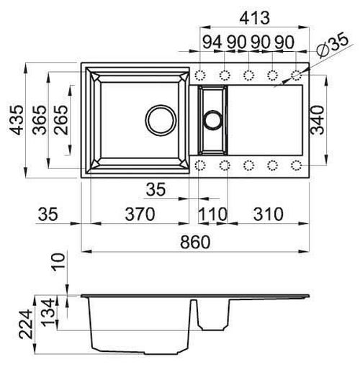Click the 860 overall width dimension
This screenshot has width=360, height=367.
(x=195, y=242)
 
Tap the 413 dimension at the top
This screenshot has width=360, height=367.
(x=255, y=18)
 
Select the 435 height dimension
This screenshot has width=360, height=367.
(x=17, y=119)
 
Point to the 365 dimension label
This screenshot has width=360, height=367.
(x=40, y=119)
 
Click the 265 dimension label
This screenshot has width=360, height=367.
(x=60, y=119)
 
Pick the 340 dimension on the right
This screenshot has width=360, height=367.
(x=317, y=119)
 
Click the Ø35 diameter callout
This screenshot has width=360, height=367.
(x=332, y=45)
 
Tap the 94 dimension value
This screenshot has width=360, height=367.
(x=212, y=42)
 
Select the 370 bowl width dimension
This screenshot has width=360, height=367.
(x=140, y=214)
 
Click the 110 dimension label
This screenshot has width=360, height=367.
(x=212, y=214)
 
